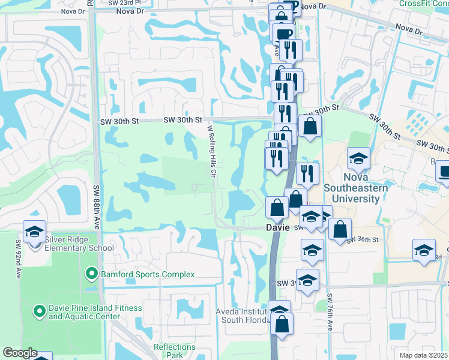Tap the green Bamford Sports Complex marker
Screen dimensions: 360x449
click(91, 274)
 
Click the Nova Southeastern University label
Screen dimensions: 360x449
click(358, 182)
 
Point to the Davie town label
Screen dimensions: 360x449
click(279, 228)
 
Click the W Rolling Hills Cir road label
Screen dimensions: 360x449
click(212, 151)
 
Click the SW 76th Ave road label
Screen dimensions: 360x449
click(330, 311)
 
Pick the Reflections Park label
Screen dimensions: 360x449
click(175, 351)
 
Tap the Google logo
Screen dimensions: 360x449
click(19, 353)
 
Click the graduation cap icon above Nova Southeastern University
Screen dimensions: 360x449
click(358, 158)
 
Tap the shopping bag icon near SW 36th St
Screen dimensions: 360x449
click(340, 229)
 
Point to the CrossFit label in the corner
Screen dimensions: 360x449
click(423, 3)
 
